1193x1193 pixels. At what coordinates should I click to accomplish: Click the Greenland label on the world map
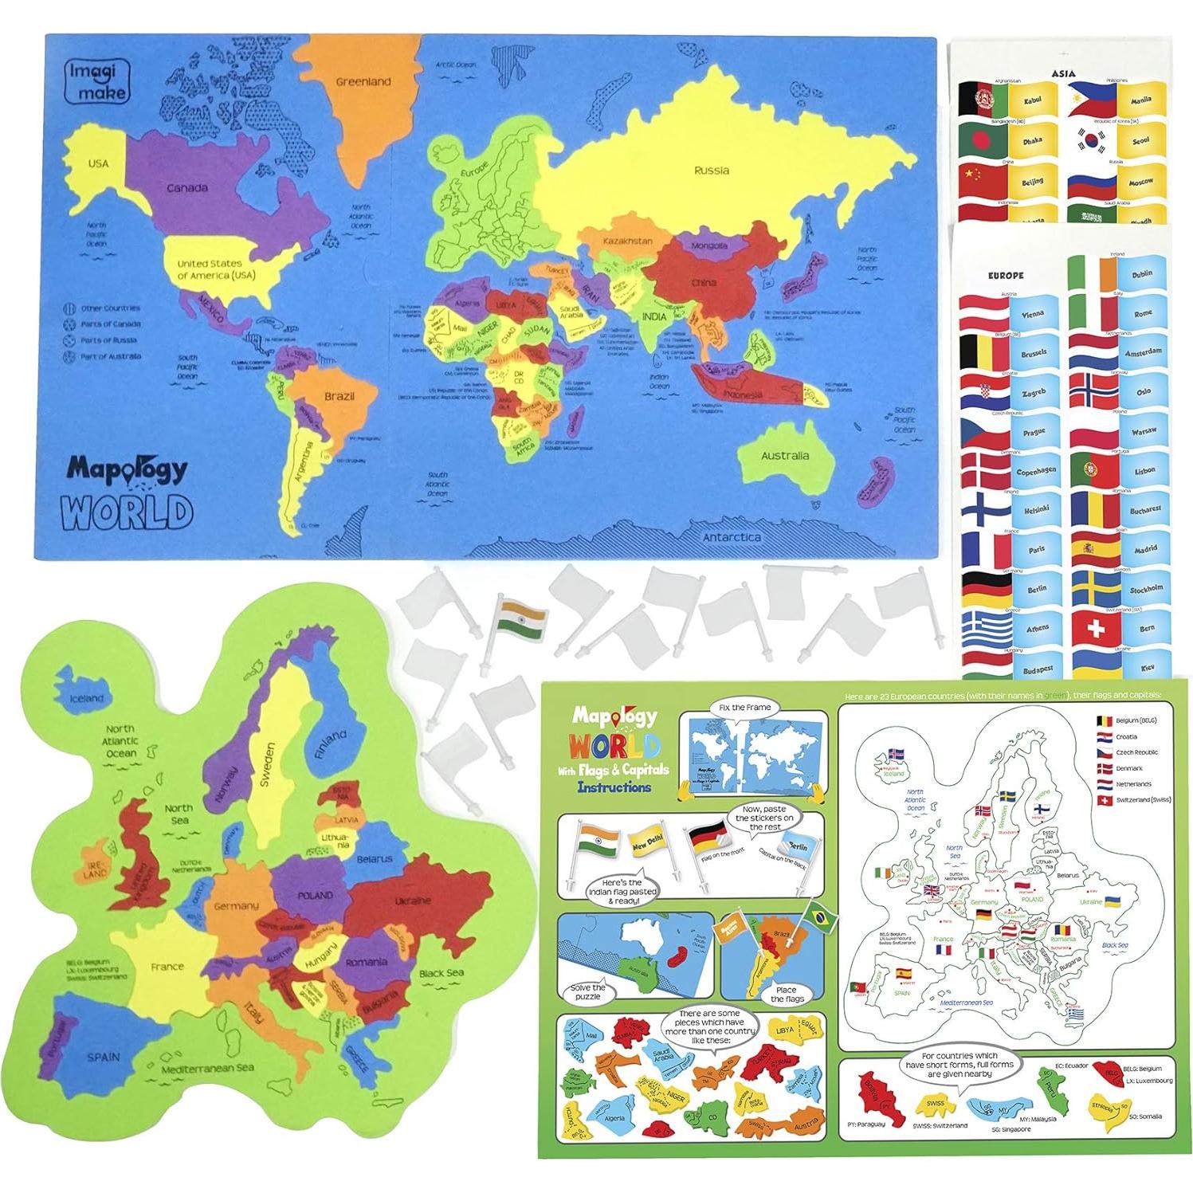tap(363, 81)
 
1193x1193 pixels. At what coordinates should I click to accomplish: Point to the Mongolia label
tap(708, 245)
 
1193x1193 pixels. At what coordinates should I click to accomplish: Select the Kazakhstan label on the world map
tap(627, 241)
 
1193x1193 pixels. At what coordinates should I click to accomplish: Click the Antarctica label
tap(731, 537)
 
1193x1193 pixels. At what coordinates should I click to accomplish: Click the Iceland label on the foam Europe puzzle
tap(86, 698)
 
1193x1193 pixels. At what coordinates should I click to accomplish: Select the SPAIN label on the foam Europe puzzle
tap(104, 1057)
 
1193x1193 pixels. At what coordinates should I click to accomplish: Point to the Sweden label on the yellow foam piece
tap(267, 765)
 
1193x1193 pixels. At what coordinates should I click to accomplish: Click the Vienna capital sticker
tap(1033, 314)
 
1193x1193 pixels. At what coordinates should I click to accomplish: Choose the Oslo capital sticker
tap(1144, 392)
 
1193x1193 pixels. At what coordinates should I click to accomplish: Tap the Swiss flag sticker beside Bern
tap(1096, 628)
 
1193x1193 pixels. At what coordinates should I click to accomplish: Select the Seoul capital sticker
tap(1140, 142)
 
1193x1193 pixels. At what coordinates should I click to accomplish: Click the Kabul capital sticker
tap(1032, 102)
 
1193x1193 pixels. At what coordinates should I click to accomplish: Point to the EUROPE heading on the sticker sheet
tap(1006, 275)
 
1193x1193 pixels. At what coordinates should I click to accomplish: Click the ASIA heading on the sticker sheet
tap(1063, 73)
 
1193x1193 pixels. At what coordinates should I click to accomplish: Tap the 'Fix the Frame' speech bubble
tap(733, 708)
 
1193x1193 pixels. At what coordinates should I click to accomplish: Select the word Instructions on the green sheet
tap(615, 787)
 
